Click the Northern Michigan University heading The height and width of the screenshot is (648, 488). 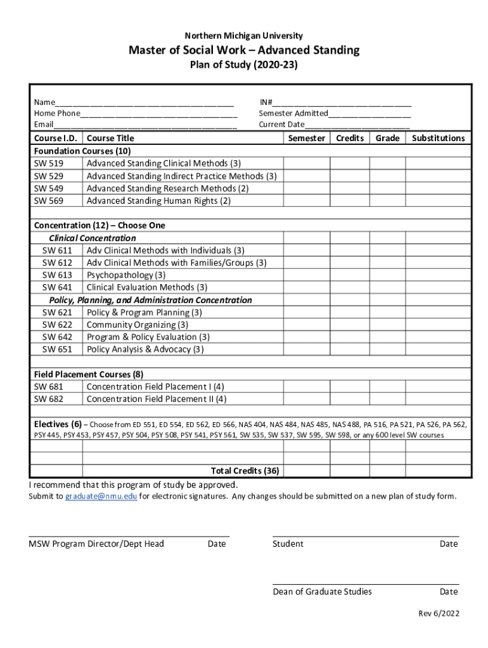click(244, 36)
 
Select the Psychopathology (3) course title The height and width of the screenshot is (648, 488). click(126, 275)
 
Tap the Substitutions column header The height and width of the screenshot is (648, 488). click(438, 138)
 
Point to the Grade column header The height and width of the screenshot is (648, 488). click(387, 138)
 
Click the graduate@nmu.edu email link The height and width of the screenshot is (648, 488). click(101, 496)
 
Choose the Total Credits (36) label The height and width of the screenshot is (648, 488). click(245, 471)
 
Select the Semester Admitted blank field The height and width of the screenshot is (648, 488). click(369, 114)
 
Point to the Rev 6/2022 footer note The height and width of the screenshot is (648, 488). click(439, 614)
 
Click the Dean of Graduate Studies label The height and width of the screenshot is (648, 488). click(322, 592)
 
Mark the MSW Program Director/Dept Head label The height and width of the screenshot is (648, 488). click(96, 544)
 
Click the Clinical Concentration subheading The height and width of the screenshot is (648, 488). click(93, 238)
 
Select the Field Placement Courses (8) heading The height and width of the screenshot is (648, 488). click(88, 374)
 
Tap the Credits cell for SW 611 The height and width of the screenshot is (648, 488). click(350, 251)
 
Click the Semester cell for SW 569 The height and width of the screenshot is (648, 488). click(306, 201)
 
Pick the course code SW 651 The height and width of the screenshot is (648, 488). click(57, 349)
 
